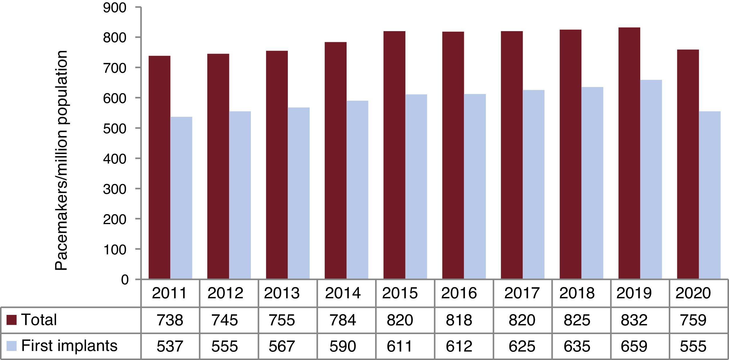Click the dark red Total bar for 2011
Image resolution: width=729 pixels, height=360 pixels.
[x=159, y=167]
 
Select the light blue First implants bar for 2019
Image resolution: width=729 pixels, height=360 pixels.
[x=651, y=179]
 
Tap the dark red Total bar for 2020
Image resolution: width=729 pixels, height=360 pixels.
[x=688, y=164]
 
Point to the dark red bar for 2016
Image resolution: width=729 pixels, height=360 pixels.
[x=453, y=155]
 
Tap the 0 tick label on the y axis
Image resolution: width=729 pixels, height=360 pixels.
[x=125, y=280]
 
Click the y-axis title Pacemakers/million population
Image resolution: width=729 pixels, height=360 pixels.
[x=61, y=160]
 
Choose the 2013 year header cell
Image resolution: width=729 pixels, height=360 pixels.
[x=282, y=293]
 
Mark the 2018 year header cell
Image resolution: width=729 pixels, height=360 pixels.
[x=577, y=293]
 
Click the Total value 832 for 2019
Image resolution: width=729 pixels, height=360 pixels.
[x=634, y=320]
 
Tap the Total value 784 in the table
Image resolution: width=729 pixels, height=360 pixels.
[x=343, y=320]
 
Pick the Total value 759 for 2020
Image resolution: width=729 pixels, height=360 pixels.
[x=693, y=320]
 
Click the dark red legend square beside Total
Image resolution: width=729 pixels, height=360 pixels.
[x=12, y=320]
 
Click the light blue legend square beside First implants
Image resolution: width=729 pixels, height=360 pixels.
[x=12, y=346]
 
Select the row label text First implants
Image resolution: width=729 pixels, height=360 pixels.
[x=69, y=346]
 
